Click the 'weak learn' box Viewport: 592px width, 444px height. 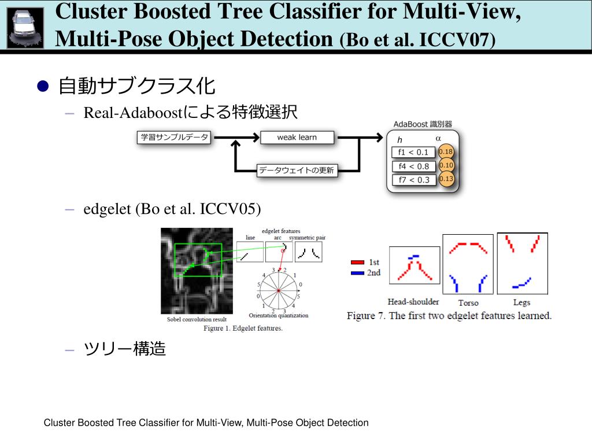[x=297, y=138]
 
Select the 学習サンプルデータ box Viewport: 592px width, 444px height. [x=174, y=138]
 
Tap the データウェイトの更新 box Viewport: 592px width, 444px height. [x=297, y=170]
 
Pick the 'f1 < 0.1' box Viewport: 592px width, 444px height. [x=413, y=153]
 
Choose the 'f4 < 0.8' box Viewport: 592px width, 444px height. [x=413, y=166]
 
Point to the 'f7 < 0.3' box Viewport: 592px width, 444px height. [x=413, y=180]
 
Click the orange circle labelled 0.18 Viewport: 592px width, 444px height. [x=446, y=152]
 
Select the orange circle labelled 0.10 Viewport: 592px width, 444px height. [x=446, y=165]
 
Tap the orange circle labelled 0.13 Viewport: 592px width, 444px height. [x=446, y=179]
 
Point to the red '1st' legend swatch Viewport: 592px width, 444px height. [x=357, y=262]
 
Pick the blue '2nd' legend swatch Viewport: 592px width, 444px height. [x=357, y=272]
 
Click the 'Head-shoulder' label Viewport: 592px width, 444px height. [x=413, y=302]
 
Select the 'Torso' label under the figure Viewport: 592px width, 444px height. [x=468, y=303]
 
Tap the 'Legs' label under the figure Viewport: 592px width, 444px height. [x=521, y=302]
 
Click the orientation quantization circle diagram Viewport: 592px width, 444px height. [x=279, y=290]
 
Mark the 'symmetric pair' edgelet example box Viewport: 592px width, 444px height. [x=309, y=251]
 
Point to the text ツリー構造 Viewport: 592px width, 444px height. [x=125, y=349]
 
